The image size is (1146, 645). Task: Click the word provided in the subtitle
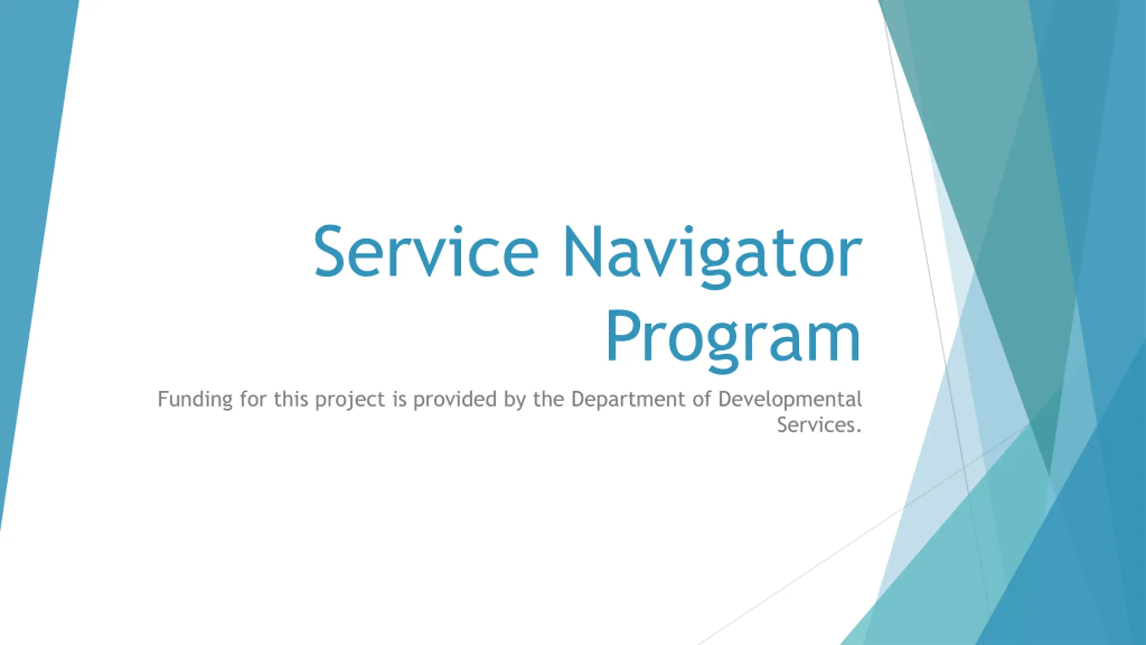click(x=455, y=399)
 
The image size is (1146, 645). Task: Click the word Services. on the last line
click(x=819, y=425)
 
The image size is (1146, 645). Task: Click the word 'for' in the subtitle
click(x=253, y=399)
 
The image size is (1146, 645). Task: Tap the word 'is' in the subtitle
click(x=399, y=399)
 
